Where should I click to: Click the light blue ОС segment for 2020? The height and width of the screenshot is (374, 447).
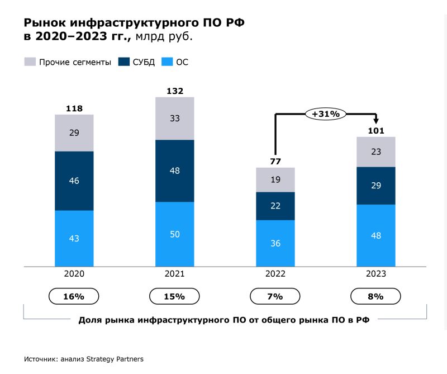coord(74,238)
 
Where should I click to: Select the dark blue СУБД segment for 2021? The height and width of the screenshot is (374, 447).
coord(174,171)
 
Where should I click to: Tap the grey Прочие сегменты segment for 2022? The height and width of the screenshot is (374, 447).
coord(275,179)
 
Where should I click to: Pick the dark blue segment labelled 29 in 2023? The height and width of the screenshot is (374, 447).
coord(375,186)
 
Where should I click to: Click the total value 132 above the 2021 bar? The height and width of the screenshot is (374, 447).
coord(174,91)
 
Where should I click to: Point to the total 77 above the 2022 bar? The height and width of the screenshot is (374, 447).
coord(275,162)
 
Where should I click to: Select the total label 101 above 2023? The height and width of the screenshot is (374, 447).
coord(375,131)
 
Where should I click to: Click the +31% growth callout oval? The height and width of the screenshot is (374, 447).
coord(325,113)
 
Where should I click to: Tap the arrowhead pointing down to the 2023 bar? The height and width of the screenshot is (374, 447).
coord(376,120)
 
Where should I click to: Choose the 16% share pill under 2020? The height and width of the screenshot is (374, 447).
coord(74,296)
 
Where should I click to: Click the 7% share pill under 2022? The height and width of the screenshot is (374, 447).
coord(275,296)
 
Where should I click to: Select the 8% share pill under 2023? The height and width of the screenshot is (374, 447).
coord(375,296)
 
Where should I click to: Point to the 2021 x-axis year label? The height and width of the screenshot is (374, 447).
coord(174,274)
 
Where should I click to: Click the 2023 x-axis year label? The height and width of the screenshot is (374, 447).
coord(375,274)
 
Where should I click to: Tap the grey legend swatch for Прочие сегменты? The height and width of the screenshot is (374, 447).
coord(30,62)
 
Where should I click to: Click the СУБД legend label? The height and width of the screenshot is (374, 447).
coord(144,62)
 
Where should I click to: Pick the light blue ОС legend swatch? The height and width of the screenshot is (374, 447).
coord(167,62)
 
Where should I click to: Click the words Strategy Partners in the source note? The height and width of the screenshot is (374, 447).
coord(117,359)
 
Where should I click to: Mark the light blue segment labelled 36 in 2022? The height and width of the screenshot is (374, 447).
coord(275,243)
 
